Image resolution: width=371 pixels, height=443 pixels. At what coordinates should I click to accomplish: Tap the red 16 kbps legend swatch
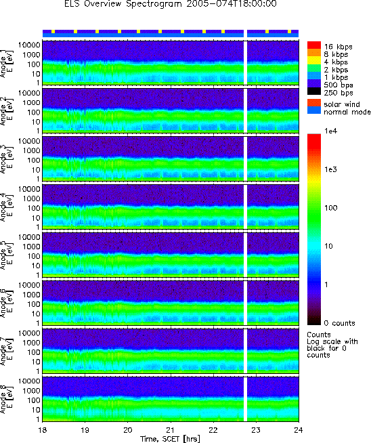coord(314,45)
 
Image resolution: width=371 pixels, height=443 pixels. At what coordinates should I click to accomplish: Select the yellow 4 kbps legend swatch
coord(314,61)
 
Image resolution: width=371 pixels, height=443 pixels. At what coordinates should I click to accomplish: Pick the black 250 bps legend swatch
coord(314,91)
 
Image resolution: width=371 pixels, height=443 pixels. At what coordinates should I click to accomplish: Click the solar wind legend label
coord(342,104)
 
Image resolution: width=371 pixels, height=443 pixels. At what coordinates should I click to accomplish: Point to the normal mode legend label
coord(347,112)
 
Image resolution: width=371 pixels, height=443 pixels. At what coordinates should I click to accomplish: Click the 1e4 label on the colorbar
coord(331,131)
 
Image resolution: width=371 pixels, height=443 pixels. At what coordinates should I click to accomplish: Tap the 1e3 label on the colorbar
coord(330,169)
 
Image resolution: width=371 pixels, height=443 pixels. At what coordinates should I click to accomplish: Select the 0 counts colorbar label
coord(339,323)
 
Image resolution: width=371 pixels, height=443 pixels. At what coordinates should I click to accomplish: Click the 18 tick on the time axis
coord(43,430)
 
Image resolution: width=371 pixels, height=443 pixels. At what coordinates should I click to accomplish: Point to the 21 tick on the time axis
coord(171,430)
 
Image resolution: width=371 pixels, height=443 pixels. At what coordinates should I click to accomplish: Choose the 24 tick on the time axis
coord(299,430)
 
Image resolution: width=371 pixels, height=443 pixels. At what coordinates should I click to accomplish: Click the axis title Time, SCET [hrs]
coord(170,439)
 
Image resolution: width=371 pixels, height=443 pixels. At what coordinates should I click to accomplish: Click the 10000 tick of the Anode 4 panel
coord(29,189)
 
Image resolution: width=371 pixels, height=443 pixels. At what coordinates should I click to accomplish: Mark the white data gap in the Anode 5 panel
coord(245,255)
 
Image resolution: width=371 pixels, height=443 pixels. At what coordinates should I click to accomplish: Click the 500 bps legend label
coord(339,85)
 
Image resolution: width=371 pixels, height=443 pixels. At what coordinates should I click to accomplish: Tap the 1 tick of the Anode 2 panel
coord(38,131)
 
